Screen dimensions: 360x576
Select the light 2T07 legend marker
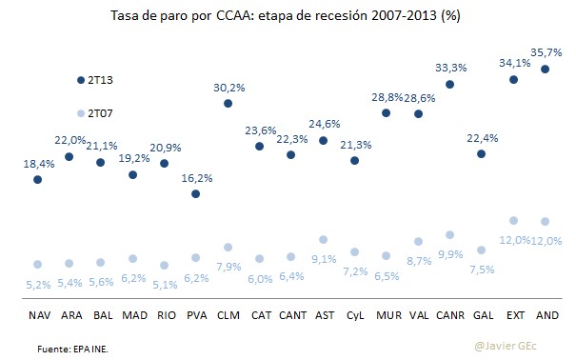coord(81,112)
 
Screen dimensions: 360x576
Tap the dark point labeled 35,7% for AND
coord(545,70)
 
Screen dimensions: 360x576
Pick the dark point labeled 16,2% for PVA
coord(195,193)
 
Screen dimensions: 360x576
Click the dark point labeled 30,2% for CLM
coord(228,103)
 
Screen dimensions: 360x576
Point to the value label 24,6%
coord(323,124)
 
